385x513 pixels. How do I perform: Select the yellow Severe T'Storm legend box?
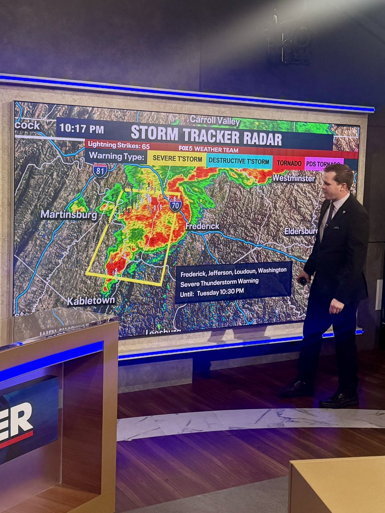(177, 159)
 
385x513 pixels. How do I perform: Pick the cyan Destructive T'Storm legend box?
(239, 162)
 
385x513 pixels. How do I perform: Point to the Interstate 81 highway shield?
(100, 170)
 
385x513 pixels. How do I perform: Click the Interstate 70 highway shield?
(175, 204)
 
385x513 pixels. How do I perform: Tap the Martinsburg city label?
(69, 215)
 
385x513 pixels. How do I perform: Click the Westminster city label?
(293, 177)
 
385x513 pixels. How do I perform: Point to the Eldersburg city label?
(301, 231)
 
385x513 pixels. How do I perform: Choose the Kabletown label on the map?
(91, 301)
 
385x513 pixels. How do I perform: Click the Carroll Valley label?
(215, 120)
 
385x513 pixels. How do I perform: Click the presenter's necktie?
(330, 216)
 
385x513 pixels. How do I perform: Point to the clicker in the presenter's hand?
(303, 281)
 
